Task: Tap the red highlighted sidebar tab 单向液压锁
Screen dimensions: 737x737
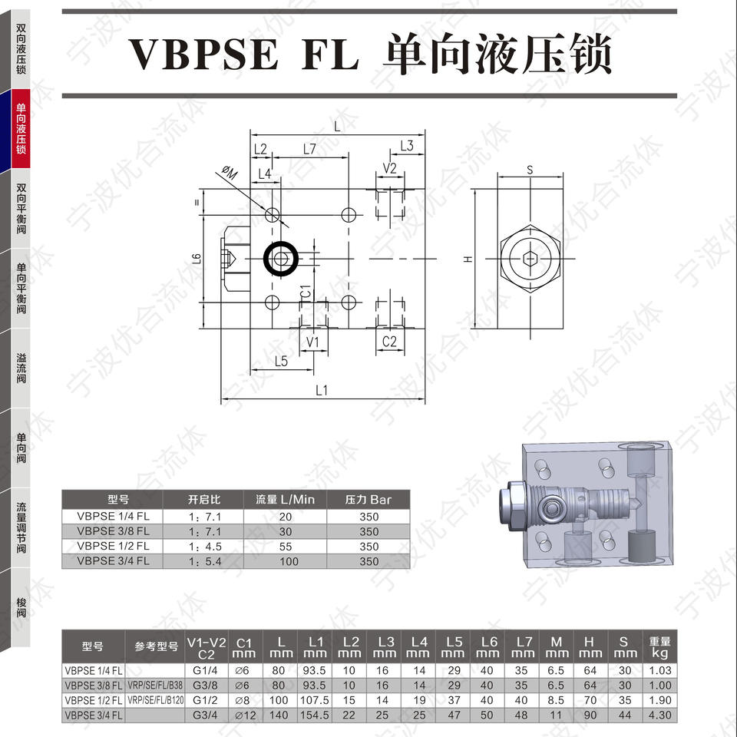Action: tap(21, 128)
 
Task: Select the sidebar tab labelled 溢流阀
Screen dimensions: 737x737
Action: tap(21, 368)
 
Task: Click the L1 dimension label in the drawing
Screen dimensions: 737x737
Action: tap(322, 390)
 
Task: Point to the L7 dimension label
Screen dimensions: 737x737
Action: tap(309, 150)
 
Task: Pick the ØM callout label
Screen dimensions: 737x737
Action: tap(230, 174)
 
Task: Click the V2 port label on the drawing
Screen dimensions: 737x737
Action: tap(389, 168)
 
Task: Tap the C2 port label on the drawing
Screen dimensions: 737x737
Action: tap(389, 341)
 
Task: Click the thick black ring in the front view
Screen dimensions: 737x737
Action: tap(281, 259)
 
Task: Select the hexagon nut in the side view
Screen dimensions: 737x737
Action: tap(530, 259)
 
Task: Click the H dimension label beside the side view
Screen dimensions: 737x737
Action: tap(467, 259)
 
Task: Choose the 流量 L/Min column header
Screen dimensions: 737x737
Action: tap(285, 499)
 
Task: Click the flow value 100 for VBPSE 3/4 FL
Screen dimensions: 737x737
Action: tap(285, 561)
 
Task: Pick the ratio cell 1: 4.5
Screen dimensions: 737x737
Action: tap(205, 547)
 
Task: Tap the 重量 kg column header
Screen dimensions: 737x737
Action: tap(659, 646)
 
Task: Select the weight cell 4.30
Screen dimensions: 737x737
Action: tap(659, 713)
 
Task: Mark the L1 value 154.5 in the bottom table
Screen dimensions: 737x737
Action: tap(315, 713)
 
